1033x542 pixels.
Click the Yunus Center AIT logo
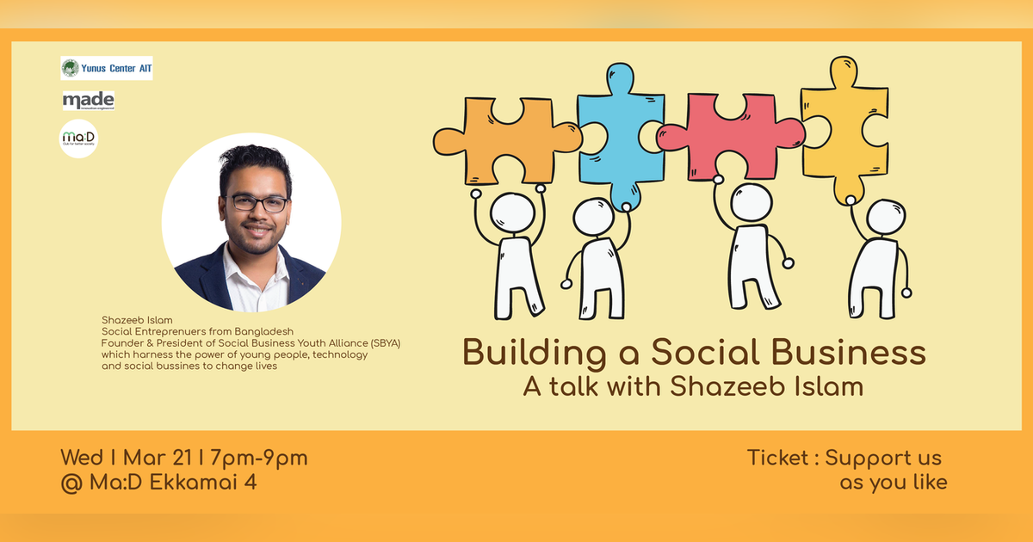coord(107,68)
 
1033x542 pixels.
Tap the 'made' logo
coord(88,102)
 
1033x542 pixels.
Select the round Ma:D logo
coord(77,139)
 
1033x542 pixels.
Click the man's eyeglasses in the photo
coord(257,204)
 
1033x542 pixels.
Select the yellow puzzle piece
coord(844,129)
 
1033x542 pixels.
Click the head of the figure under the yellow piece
coord(885,217)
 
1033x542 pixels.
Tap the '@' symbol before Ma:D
coord(71,482)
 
